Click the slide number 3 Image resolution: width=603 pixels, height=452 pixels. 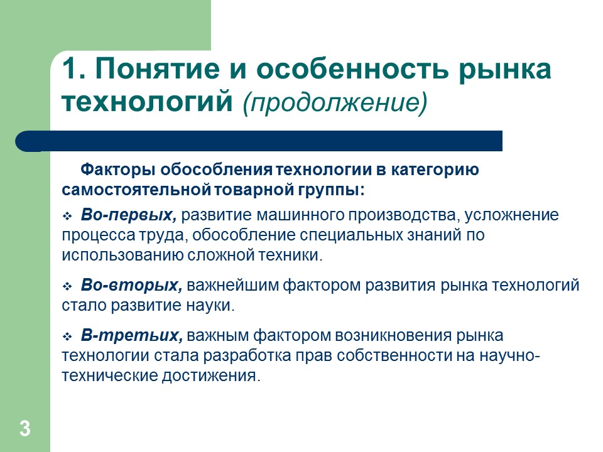[24, 429]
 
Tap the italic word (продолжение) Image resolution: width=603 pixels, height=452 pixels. [326, 102]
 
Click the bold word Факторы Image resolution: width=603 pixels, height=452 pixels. [119, 171]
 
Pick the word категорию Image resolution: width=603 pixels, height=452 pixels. [437, 171]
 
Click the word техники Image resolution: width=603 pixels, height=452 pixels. [291, 256]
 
